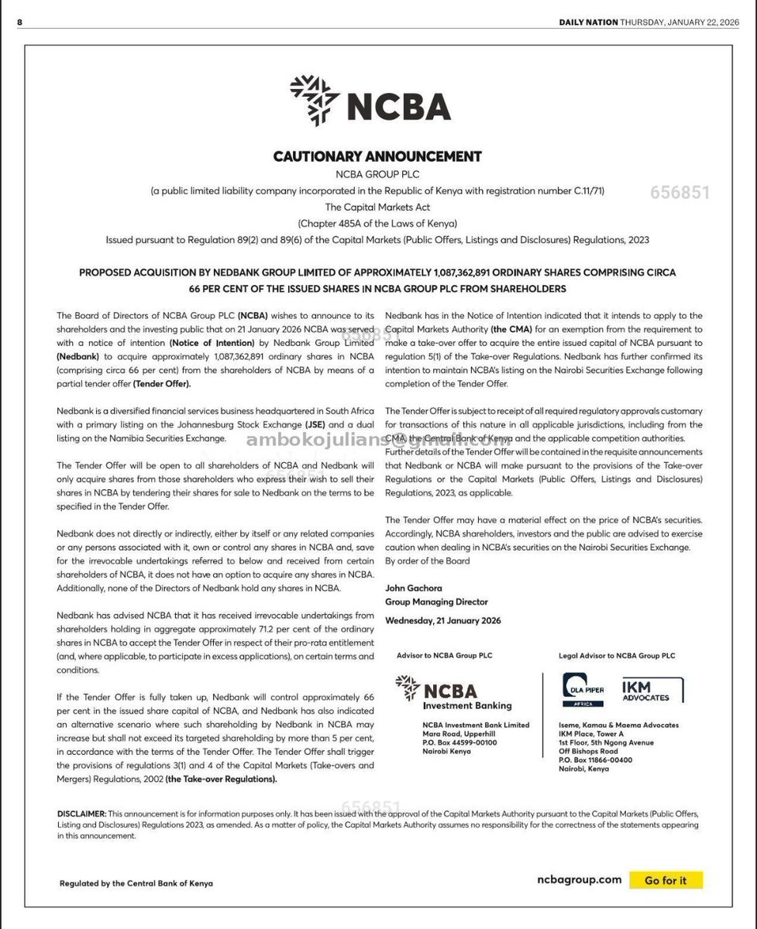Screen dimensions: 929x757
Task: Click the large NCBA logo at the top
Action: pyautogui.click(x=370, y=101)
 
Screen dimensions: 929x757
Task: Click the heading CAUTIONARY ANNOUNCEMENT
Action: pyautogui.click(x=377, y=156)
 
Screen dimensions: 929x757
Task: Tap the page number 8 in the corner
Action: pyautogui.click(x=20, y=22)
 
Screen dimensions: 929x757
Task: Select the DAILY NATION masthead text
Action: pyautogui.click(x=588, y=22)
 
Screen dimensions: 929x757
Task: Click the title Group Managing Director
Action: pyautogui.click(x=436, y=602)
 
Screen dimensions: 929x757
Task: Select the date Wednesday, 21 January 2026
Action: pyautogui.click(x=442, y=620)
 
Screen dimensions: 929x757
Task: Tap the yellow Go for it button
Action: pyautogui.click(x=665, y=880)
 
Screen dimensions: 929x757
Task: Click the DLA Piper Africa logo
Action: pyautogui.click(x=585, y=687)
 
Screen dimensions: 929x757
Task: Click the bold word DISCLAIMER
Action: pyautogui.click(x=81, y=814)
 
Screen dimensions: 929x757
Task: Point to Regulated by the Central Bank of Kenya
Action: pyautogui.click(x=136, y=883)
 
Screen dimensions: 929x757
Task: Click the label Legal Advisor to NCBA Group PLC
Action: pyautogui.click(x=616, y=656)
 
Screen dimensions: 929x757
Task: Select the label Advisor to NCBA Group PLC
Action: pyautogui.click(x=444, y=656)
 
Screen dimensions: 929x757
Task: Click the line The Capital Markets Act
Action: pyautogui.click(x=377, y=207)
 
